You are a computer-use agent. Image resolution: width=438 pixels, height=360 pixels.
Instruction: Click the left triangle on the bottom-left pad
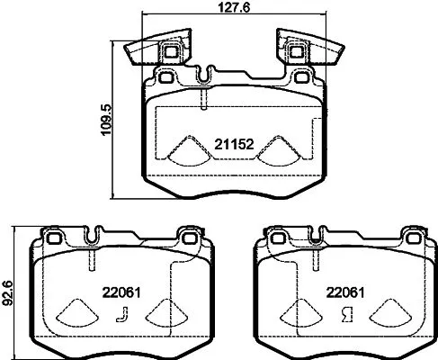76,314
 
